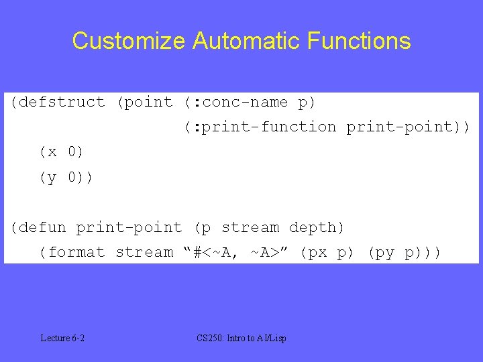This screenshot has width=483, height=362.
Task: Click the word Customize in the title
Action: point(129,42)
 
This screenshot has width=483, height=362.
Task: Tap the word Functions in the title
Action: point(360,42)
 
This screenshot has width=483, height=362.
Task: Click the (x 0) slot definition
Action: point(62,152)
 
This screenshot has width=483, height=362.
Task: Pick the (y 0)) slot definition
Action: point(66,178)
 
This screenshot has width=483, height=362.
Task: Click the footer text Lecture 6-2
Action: point(62,338)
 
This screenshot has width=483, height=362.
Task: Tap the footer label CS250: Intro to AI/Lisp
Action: point(241,338)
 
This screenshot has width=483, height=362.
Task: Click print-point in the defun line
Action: point(129,228)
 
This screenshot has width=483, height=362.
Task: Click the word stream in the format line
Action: point(144,253)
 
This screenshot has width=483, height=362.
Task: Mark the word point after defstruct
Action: point(150,103)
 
